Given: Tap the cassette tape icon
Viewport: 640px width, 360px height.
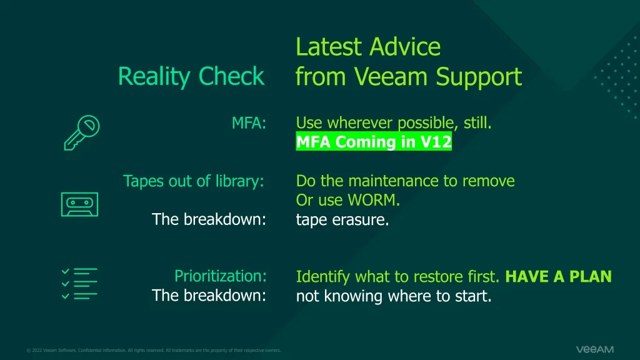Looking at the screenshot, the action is coord(79,204).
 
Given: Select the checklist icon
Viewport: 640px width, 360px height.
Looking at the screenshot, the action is coord(79,284).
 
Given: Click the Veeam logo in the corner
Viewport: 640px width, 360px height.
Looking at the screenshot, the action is coord(595,349).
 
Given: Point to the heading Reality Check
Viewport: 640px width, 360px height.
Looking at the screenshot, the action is coord(191,76).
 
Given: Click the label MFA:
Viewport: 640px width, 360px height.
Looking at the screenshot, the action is coord(249,123).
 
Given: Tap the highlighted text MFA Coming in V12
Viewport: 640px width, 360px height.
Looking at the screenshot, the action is coord(374,141).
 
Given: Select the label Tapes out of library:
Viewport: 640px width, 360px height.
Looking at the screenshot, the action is coord(194,181).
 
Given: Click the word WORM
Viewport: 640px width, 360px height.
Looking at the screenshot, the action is coord(372,200).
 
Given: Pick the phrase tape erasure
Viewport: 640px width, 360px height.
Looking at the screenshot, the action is coord(342,219).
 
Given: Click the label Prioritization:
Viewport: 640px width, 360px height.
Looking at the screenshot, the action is coord(221,276).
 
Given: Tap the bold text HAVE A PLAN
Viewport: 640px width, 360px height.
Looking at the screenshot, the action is coord(558,276).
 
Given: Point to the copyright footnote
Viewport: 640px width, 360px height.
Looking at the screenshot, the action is coord(154,350).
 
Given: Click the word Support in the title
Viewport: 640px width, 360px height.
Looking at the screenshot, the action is coord(479,77).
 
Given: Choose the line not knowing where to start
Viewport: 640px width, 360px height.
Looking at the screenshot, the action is coord(394,296).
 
